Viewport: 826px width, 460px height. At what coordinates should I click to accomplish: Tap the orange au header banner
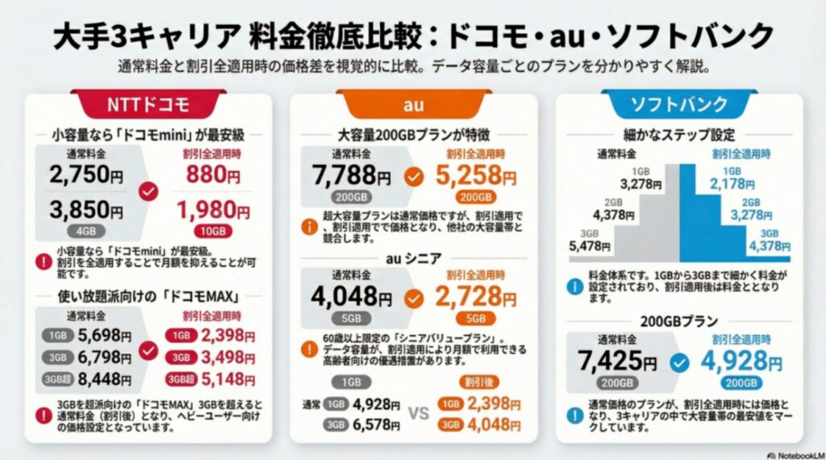(x=413, y=103)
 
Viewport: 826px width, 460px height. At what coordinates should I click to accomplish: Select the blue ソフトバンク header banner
(x=678, y=104)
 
